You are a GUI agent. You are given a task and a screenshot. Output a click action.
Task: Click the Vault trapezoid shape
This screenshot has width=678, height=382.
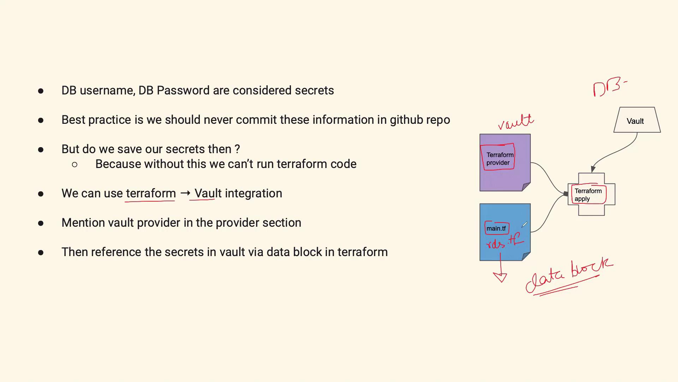pyautogui.click(x=637, y=120)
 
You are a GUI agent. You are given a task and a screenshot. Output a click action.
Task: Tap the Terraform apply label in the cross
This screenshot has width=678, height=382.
pyautogui.click(x=588, y=195)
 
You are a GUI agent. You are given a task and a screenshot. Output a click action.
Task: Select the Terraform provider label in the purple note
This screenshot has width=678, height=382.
pyautogui.click(x=500, y=159)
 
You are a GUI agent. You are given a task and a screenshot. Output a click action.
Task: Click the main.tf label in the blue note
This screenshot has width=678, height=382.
pyautogui.click(x=496, y=228)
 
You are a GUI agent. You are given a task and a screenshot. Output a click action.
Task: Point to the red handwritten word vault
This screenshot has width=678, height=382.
pyautogui.click(x=516, y=122)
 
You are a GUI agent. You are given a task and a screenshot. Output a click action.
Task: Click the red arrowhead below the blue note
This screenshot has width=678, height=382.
pyautogui.click(x=500, y=277)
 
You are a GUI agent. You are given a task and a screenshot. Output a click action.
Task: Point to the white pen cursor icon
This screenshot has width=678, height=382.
pyautogui.click(x=524, y=225)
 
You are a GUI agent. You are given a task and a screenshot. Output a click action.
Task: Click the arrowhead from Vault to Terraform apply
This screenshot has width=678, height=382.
pyautogui.click(x=593, y=169)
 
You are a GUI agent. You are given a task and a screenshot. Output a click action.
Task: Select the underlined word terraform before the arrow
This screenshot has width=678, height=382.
pyautogui.click(x=151, y=193)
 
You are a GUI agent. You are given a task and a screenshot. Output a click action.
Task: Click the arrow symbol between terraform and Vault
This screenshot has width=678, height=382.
pyautogui.click(x=185, y=193)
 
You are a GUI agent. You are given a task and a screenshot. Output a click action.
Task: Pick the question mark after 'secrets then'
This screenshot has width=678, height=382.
pyautogui.click(x=237, y=149)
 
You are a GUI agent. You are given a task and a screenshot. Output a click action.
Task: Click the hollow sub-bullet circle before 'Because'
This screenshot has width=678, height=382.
pyautogui.click(x=75, y=164)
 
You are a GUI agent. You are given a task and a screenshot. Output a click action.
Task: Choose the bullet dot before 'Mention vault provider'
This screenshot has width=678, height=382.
pyautogui.click(x=41, y=223)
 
